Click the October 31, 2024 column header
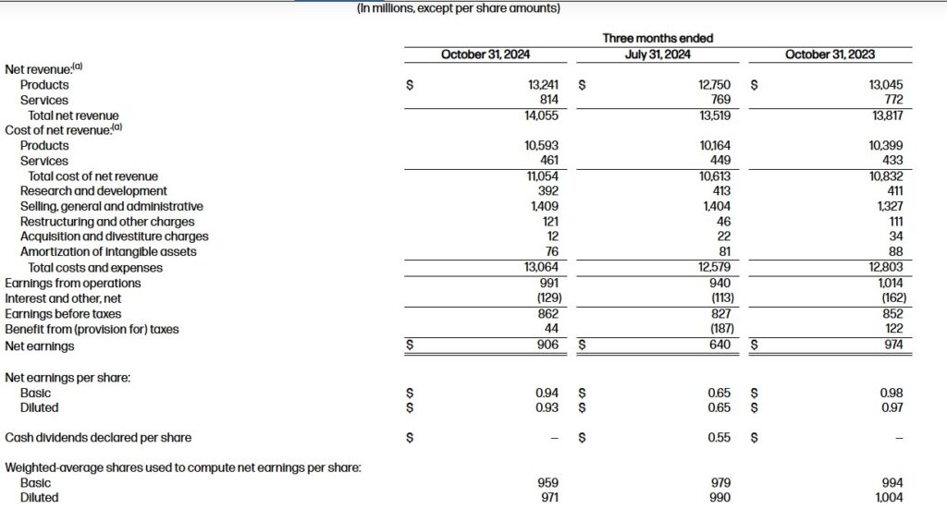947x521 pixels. pos(485,55)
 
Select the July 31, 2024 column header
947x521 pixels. pos(658,55)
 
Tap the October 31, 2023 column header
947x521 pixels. pos(830,55)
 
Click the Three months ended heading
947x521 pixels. pos(658,38)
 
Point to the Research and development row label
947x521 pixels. pos(93,191)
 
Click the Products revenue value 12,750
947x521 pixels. pos(714,85)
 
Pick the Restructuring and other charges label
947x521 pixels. pos(107,222)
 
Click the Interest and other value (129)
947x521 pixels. pos(544,298)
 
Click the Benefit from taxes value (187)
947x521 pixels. pos(716,329)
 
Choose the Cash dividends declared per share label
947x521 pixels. pos(98,438)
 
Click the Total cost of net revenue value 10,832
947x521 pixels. pos(886,176)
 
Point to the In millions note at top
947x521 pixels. pos(458,8)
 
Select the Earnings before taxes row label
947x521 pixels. pos(63,314)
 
